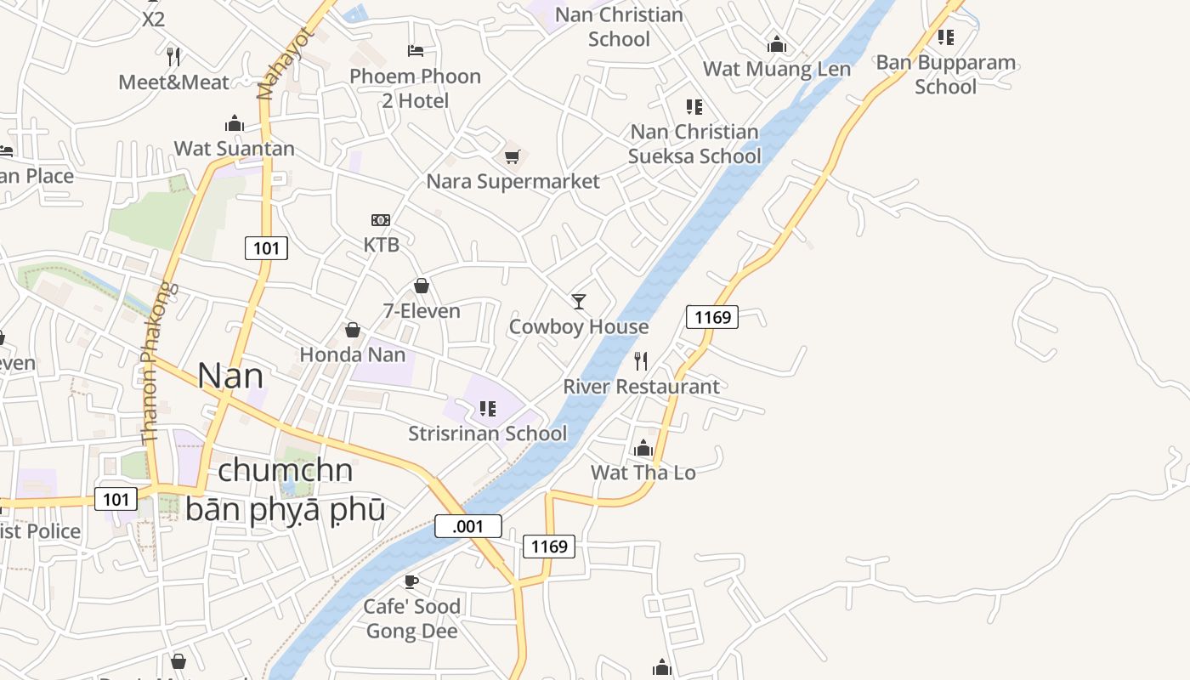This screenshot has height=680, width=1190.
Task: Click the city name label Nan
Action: click(229, 376)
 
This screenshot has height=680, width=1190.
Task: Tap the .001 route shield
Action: click(467, 526)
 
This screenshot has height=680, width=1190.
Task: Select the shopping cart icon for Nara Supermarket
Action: click(512, 156)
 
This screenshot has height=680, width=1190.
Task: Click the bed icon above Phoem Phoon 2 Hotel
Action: click(415, 51)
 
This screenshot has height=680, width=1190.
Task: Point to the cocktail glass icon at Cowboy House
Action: click(579, 301)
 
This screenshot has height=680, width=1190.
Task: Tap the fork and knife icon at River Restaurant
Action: click(641, 361)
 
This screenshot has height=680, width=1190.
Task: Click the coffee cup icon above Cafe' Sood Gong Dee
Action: click(411, 581)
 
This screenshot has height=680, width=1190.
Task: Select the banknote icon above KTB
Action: click(381, 220)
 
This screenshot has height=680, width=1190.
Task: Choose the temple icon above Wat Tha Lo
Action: click(643, 448)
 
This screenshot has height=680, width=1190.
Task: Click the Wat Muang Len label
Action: click(777, 69)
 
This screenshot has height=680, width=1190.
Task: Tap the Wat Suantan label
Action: click(235, 149)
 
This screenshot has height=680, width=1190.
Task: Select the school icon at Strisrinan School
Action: click(487, 409)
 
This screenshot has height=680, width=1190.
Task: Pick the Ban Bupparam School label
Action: click(946, 74)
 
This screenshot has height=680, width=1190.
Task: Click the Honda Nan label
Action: click(353, 354)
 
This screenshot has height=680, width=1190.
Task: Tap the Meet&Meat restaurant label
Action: click(174, 82)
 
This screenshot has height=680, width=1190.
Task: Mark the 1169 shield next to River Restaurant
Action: click(711, 317)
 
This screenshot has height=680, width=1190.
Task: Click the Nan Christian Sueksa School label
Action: click(694, 144)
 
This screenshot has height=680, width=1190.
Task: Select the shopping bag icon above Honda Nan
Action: click(353, 330)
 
